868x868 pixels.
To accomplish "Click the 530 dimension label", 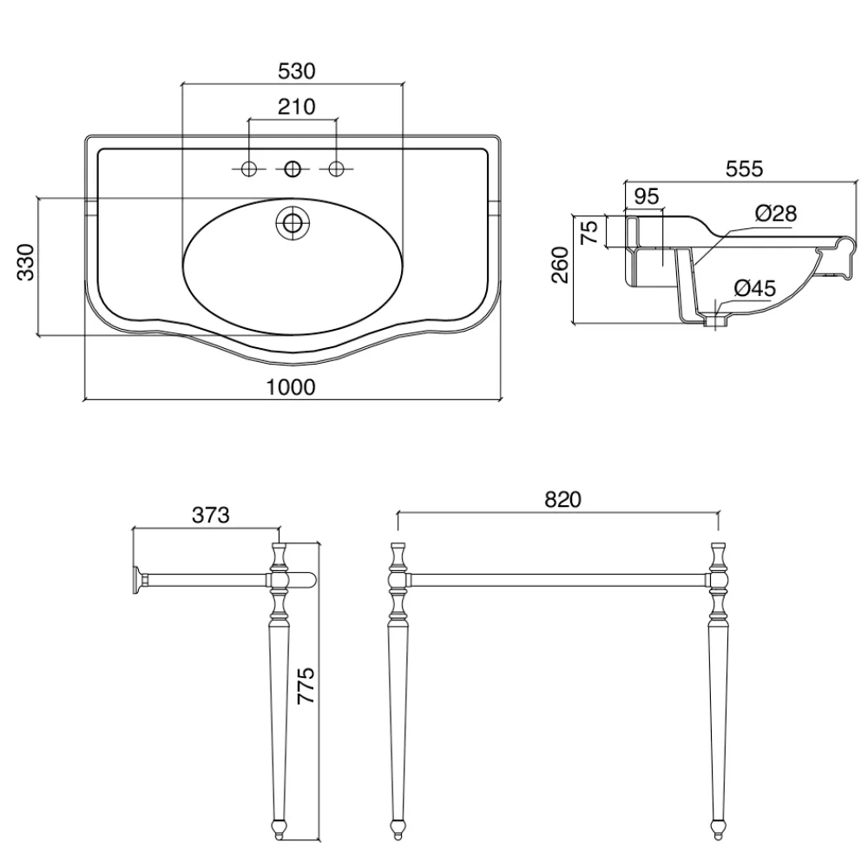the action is pos(296,71).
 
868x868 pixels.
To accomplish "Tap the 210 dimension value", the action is pos(296,106).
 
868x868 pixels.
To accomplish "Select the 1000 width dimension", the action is pos(291,387).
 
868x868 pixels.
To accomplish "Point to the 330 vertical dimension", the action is pos(26,262).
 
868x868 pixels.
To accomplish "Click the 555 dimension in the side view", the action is pos(744,168).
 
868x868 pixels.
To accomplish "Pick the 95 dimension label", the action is pos(646,196).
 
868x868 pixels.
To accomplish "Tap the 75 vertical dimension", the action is pos(589,232).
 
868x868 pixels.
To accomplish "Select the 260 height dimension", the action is pos(560,265).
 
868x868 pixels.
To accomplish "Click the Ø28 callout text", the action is pos(776,214).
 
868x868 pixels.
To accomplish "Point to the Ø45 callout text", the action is pos(755,288).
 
